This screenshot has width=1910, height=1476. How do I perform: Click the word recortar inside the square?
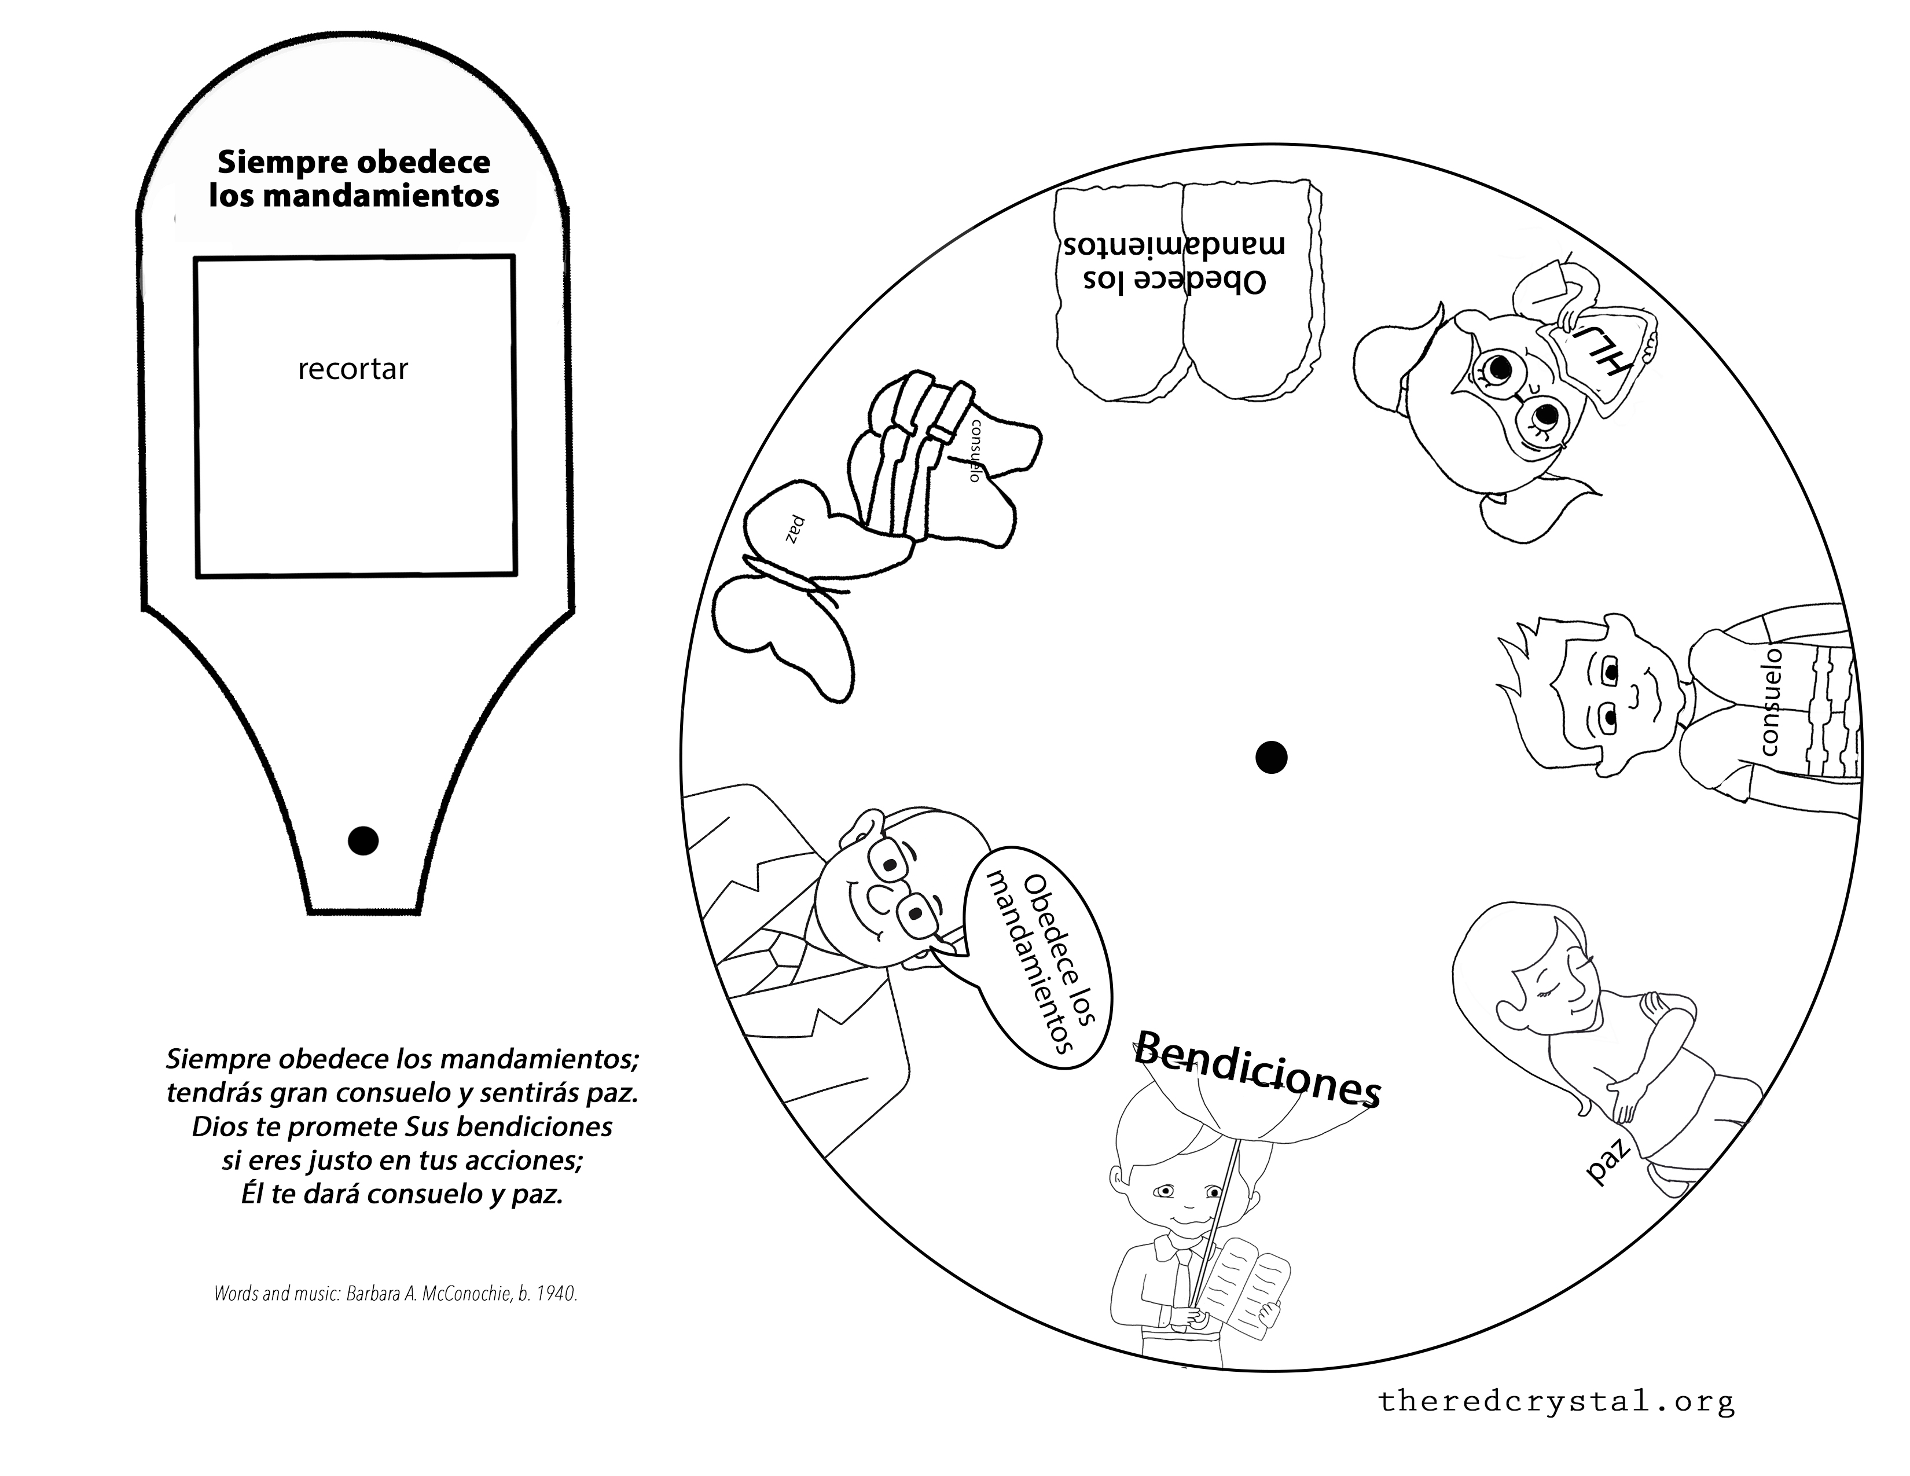(352, 370)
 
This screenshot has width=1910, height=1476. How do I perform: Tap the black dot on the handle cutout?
(363, 840)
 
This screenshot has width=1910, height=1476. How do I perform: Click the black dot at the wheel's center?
(1270, 757)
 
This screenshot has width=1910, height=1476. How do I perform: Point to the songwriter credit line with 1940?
(395, 1293)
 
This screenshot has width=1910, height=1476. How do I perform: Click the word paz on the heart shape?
(794, 530)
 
